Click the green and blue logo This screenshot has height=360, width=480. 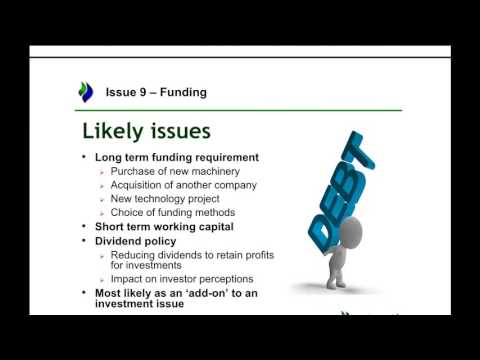(85, 92)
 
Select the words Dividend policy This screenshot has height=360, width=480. (135, 241)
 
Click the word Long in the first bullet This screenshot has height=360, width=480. (109, 157)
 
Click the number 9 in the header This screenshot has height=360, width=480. (144, 93)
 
